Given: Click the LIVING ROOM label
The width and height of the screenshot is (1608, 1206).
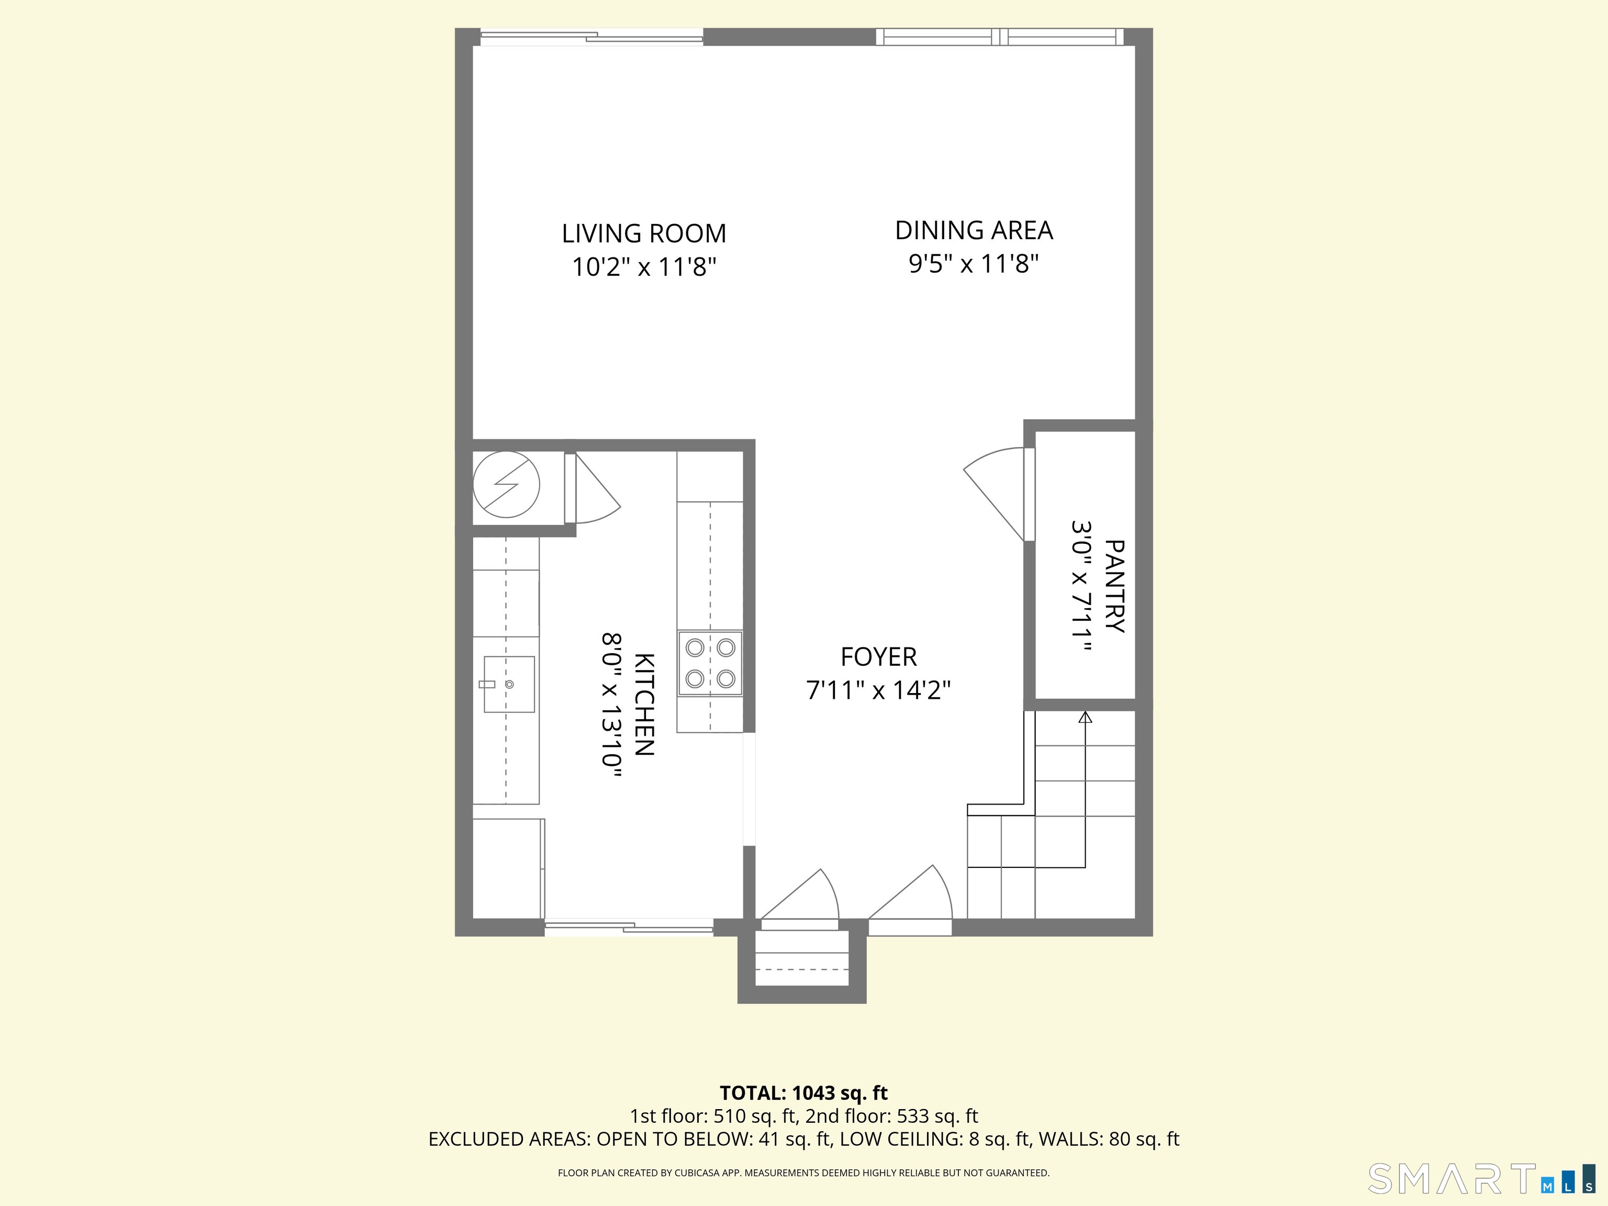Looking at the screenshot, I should [643, 233].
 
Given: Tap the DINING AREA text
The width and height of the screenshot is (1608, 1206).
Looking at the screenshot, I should [974, 230].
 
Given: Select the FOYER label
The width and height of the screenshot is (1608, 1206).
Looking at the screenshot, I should [878, 657].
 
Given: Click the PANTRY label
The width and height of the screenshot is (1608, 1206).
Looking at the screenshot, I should [1113, 586].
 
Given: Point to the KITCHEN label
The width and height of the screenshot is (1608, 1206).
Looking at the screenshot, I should [644, 705].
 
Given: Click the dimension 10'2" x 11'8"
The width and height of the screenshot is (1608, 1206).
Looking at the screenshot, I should [643, 267].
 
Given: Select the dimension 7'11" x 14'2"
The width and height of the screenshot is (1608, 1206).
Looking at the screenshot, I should [878, 690].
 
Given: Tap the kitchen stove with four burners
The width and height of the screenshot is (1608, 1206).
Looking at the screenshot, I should [710, 663].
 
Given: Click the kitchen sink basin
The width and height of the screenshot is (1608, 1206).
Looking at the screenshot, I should [509, 684].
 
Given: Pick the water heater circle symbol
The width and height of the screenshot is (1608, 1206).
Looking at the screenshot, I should [506, 485].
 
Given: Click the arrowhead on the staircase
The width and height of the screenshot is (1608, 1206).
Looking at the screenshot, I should [1085, 718].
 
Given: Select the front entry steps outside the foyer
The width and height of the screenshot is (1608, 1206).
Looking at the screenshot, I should [802, 959].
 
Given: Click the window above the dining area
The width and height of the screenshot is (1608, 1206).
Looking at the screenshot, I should [1000, 36].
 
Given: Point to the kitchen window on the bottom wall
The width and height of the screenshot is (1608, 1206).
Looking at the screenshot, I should [629, 927].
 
